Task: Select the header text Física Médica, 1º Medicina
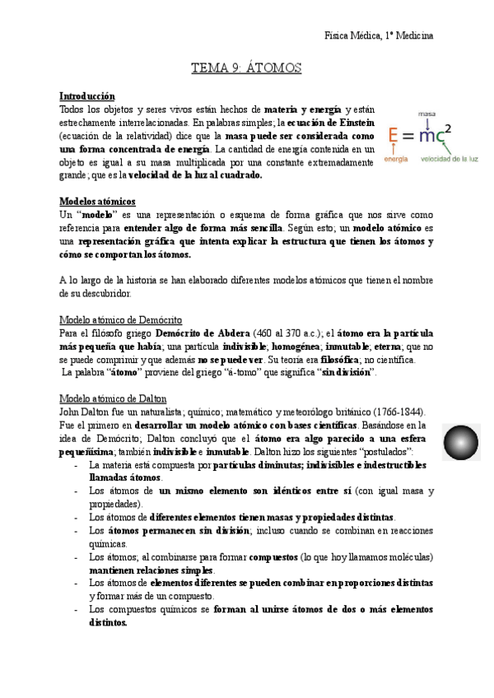[x=380, y=35]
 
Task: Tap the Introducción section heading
[x=87, y=96]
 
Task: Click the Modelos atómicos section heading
[x=98, y=202]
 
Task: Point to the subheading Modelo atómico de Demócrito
[x=121, y=319]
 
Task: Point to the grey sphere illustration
[x=459, y=443]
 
